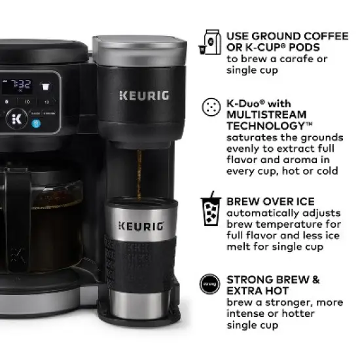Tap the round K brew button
(x=16, y=118)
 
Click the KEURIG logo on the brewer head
(x=144, y=96)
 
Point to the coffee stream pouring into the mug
(x=138, y=173)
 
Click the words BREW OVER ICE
(x=270, y=202)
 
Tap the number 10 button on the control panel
(x=27, y=103)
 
